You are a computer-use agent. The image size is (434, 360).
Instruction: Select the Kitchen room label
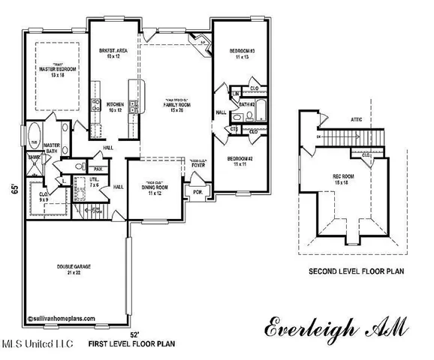(115, 106)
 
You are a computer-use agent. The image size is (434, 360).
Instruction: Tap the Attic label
(357, 118)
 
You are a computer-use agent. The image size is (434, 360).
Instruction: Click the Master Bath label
(52, 148)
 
